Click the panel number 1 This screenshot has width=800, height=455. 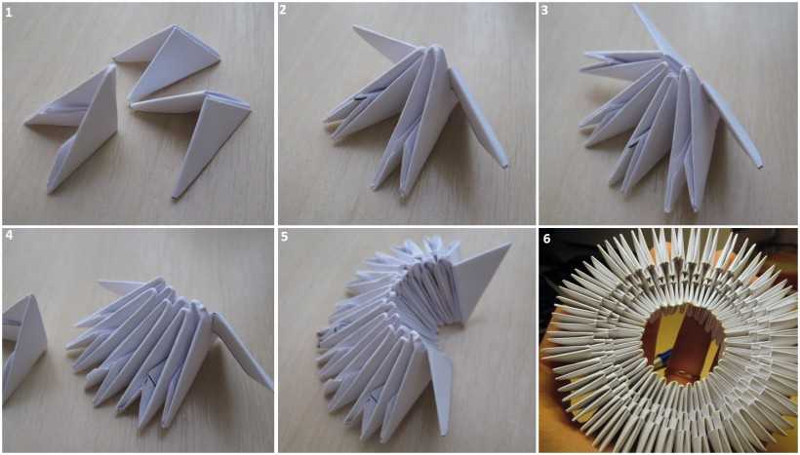(8, 12)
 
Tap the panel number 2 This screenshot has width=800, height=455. (283, 10)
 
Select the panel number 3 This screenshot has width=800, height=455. (544, 11)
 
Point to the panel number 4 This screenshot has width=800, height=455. (8, 237)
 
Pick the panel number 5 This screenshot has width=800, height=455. (283, 237)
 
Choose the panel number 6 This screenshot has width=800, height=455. (546, 238)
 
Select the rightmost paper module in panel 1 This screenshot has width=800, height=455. (196, 135)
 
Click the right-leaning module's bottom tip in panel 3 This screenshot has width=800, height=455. (759, 165)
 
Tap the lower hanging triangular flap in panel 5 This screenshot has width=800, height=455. (440, 381)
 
